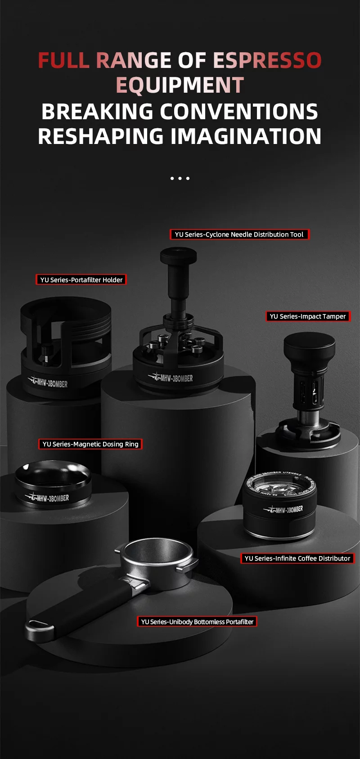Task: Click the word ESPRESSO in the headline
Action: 267,60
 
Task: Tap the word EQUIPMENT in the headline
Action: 180,85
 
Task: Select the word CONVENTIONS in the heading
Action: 239,112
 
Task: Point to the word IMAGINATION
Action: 246,137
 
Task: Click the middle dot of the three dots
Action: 180,179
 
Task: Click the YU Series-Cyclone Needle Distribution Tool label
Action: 239,234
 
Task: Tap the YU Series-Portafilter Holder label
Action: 81,280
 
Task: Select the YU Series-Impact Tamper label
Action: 308,316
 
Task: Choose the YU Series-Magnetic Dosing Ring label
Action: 90,444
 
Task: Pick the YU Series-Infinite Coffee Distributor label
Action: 297,558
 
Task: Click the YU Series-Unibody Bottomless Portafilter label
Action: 197,622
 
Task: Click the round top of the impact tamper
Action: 309,343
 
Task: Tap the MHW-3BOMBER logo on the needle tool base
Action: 171,377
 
